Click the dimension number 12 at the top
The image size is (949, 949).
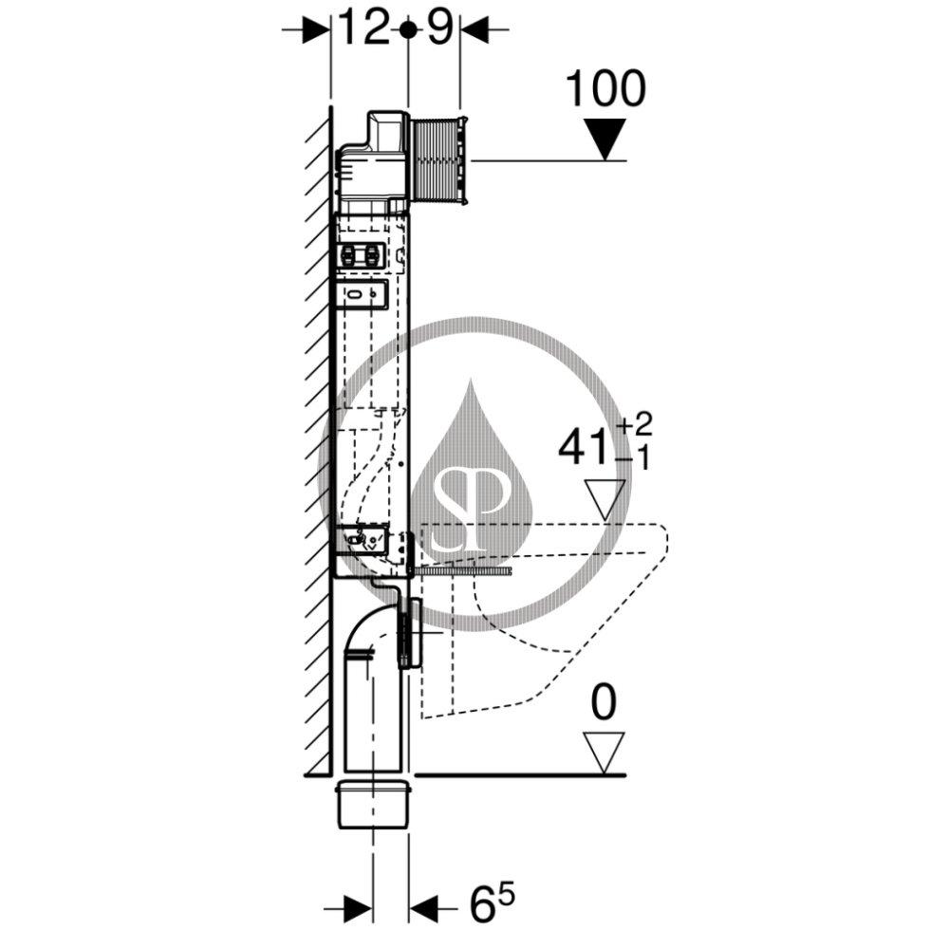[363, 29]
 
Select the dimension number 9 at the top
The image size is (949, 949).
[438, 29]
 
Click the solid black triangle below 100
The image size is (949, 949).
[605, 139]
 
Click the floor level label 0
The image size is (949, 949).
[604, 702]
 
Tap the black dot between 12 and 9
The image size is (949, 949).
[407, 29]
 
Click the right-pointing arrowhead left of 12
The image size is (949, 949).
[311, 29]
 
